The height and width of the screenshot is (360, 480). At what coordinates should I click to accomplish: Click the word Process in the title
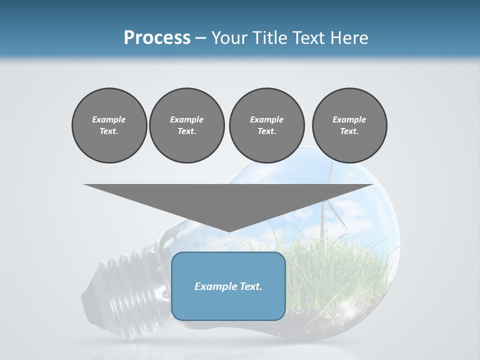point(157,38)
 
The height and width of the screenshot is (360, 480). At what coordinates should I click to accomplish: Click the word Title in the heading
point(268,38)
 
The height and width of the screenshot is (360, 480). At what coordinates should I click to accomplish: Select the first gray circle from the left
point(109,125)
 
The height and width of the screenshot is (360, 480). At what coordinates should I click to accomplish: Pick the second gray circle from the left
point(186,125)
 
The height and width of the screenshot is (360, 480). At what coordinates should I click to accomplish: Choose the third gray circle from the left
point(266,125)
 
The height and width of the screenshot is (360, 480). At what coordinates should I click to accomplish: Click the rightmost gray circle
point(349,125)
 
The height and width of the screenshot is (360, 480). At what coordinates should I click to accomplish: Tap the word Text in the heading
point(308,38)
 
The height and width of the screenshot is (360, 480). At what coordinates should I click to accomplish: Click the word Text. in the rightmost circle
point(349,131)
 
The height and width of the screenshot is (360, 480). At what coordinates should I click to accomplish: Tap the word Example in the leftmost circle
point(109,119)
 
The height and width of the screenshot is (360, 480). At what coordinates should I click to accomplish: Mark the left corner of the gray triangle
point(84,184)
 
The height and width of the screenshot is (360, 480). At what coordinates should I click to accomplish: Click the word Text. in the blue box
point(250,286)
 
